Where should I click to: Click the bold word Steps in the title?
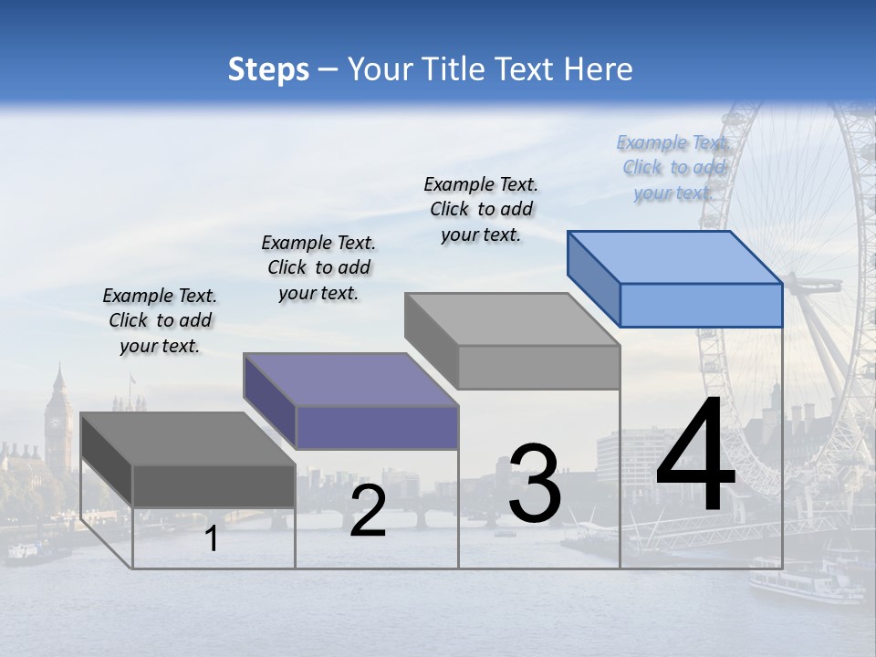pyautogui.click(x=268, y=69)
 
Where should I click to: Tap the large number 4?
pyautogui.click(x=695, y=456)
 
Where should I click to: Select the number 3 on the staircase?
pyautogui.click(x=534, y=485)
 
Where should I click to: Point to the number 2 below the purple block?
pyautogui.click(x=368, y=511)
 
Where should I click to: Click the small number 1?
pyautogui.click(x=211, y=539)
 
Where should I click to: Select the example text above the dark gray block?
pyautogui.click(x=160, y=321)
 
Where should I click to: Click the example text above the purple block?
pyautogui.click(x=318, y=268)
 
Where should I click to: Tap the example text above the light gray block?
pyautogui.click(x=481, y=210)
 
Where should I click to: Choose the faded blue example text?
pyautogui.click(x=673, y=168)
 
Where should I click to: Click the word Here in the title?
pyautogui.click(x=599, y=69)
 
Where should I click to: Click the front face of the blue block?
pyautogui.click(x=701, y=306)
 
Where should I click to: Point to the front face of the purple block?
pyautogui.click(x=377, y=427)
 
